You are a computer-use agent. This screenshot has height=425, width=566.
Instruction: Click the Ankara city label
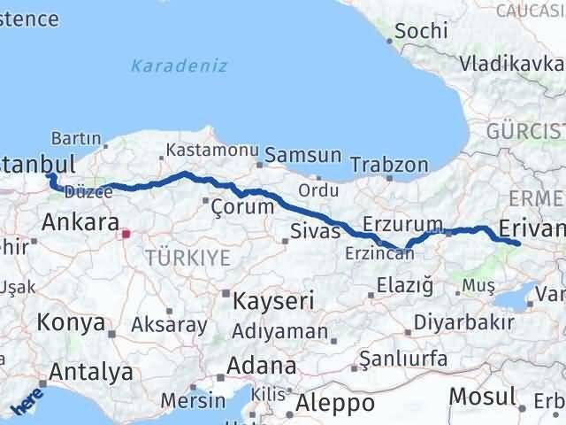click(x=80, y=221)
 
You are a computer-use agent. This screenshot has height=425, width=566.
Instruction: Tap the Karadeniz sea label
click(x=179, y=66)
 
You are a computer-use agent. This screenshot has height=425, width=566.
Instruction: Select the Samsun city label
click(x=303, y=155)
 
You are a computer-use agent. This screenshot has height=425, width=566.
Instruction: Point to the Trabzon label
click(x=389, y=165)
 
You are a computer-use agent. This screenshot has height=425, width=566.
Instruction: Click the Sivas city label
click(x=315, y=232)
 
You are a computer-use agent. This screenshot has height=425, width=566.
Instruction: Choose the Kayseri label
click(x=272, y=301)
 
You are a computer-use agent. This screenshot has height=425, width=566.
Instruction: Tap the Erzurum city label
click(x=403, y=225)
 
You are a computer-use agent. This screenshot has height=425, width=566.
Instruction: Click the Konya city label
click(x=71, y=322)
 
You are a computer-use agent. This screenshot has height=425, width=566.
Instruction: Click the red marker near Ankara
click(x=126, y=234)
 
